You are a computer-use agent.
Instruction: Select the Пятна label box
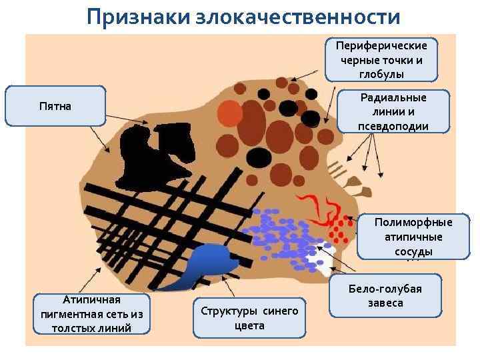coord(55,106)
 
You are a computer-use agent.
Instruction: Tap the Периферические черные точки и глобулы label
coord(381,59)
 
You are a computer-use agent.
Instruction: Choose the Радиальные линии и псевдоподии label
coord(393,112)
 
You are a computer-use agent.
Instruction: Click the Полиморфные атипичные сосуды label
coord(413,237)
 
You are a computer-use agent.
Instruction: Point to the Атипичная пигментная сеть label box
coord(93,313)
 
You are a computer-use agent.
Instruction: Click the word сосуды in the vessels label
coord(413,251)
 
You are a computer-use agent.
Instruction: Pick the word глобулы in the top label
coord(381,73)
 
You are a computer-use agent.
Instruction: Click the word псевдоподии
coord(393,127)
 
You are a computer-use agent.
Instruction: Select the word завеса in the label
coord(385,304)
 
